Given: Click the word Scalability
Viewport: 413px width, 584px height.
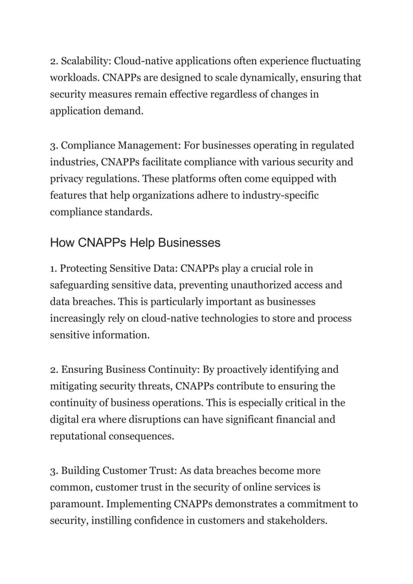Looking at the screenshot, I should pyautogui.click(x=85, y=62).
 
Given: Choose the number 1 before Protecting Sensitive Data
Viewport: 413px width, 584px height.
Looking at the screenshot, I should pyautogui.click(x=53, y=267).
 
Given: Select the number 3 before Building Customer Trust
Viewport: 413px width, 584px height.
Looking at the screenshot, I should pyautogui.click(x=54, y=470).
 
